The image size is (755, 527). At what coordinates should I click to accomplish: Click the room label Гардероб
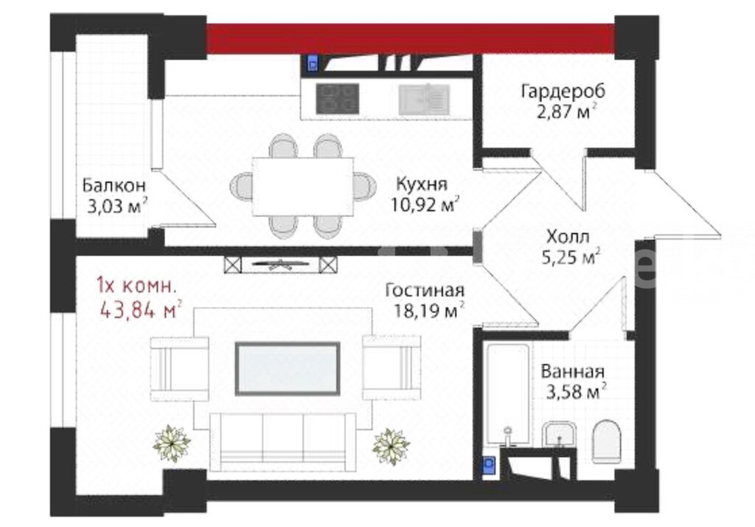563,91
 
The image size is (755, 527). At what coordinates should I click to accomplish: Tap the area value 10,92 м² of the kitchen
425,205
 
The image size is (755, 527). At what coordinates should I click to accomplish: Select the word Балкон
114,185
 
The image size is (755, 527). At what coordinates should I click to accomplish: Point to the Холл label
568,237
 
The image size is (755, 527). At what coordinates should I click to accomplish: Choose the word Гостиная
425,291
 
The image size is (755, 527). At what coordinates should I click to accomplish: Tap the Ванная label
572,372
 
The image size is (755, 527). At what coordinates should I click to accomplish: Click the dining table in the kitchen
303,187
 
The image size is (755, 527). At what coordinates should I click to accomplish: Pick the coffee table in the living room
288,369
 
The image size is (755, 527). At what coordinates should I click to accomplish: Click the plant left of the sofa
171,444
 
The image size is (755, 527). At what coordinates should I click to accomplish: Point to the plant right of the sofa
391,447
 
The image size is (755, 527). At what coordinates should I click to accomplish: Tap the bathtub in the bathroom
507,396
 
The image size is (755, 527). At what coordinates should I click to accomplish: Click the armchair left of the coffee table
180,369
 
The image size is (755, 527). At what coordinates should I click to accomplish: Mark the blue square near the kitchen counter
313,63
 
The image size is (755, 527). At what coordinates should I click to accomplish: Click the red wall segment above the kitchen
411,39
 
